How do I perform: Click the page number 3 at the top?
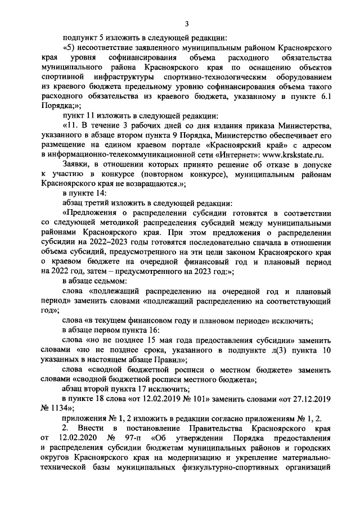(x=187, y=22)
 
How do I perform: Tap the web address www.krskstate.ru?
(x=293, y=155)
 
